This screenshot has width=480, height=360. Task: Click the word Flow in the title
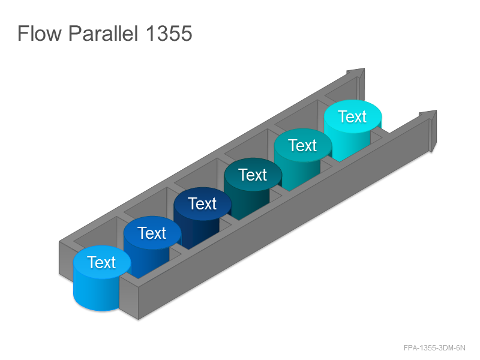click(40, 33)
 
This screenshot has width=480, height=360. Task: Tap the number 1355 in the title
click(169, 33)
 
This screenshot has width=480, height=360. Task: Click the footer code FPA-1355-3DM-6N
click(434, 348)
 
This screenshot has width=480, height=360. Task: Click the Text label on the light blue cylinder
click(101, 262)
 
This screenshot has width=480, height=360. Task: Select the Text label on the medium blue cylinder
click(152, 233)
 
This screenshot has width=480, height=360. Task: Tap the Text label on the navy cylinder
click(202, 203)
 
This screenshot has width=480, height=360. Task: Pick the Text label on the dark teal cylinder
click(253, 175)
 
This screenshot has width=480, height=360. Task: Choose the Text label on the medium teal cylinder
click(302, 145)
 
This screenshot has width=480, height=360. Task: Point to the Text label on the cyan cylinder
click(352, 116)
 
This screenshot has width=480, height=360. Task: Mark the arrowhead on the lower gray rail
click(429, 128)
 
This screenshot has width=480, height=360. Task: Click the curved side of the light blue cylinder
click(95, 294)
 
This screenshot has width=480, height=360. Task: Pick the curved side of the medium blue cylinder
click(147, 260)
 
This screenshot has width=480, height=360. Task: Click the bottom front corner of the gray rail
click(139, 320)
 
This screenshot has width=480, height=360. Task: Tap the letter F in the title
click(23, 33)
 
